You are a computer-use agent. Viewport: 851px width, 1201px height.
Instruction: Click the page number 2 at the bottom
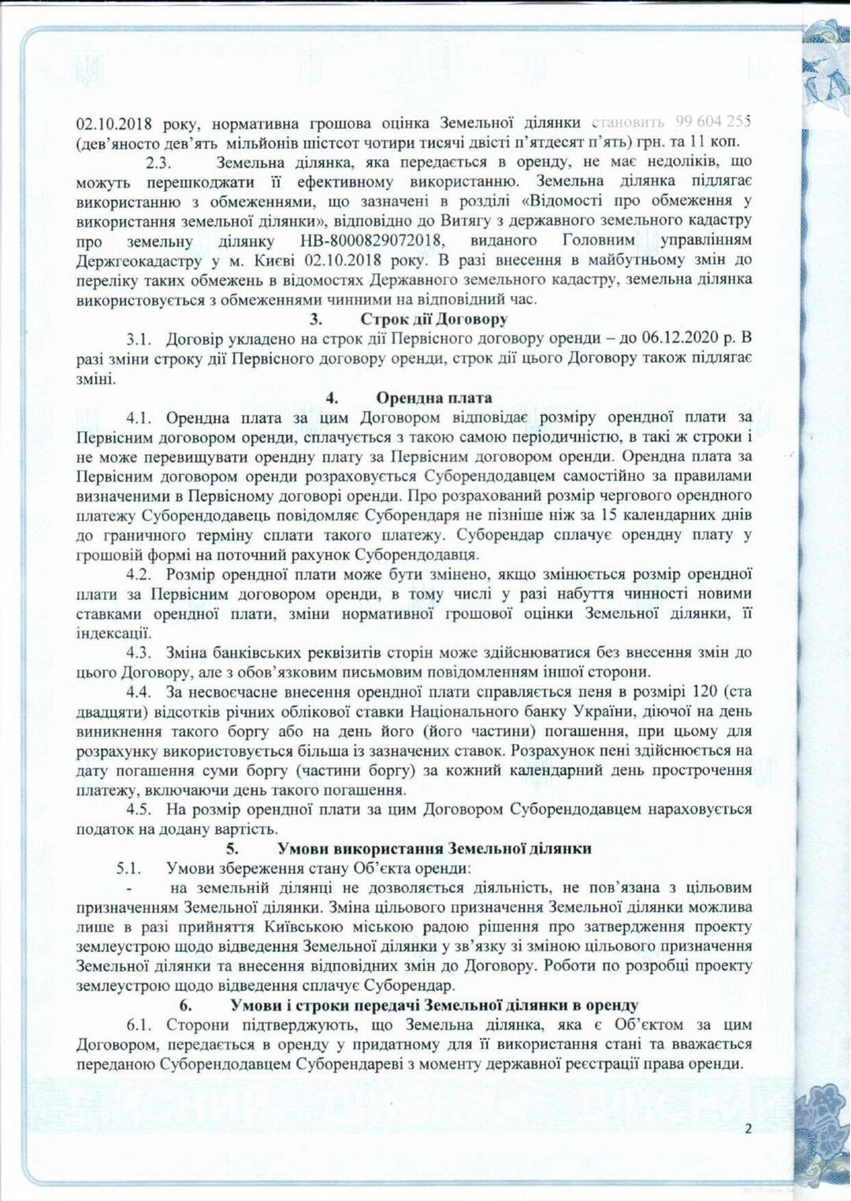pos(748,1128)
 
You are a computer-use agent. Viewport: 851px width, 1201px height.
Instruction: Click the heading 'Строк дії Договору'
pos(433,319)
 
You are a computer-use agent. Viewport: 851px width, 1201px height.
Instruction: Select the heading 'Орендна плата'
pos(433,398)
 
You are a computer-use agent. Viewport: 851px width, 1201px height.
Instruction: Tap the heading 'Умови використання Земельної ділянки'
pos(433,848)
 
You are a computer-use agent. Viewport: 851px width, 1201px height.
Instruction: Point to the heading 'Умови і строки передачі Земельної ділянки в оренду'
pos(434,1005)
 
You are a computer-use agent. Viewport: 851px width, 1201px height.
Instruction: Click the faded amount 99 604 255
pos(712,122)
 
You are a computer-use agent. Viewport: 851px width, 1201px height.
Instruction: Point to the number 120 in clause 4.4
pos(704,691)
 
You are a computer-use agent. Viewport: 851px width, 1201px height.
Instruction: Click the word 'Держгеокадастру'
pos(135,260)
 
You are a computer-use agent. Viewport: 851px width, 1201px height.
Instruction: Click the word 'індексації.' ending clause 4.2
pos(113,633)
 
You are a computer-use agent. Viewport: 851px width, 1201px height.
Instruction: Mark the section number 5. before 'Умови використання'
pos(232,848)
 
